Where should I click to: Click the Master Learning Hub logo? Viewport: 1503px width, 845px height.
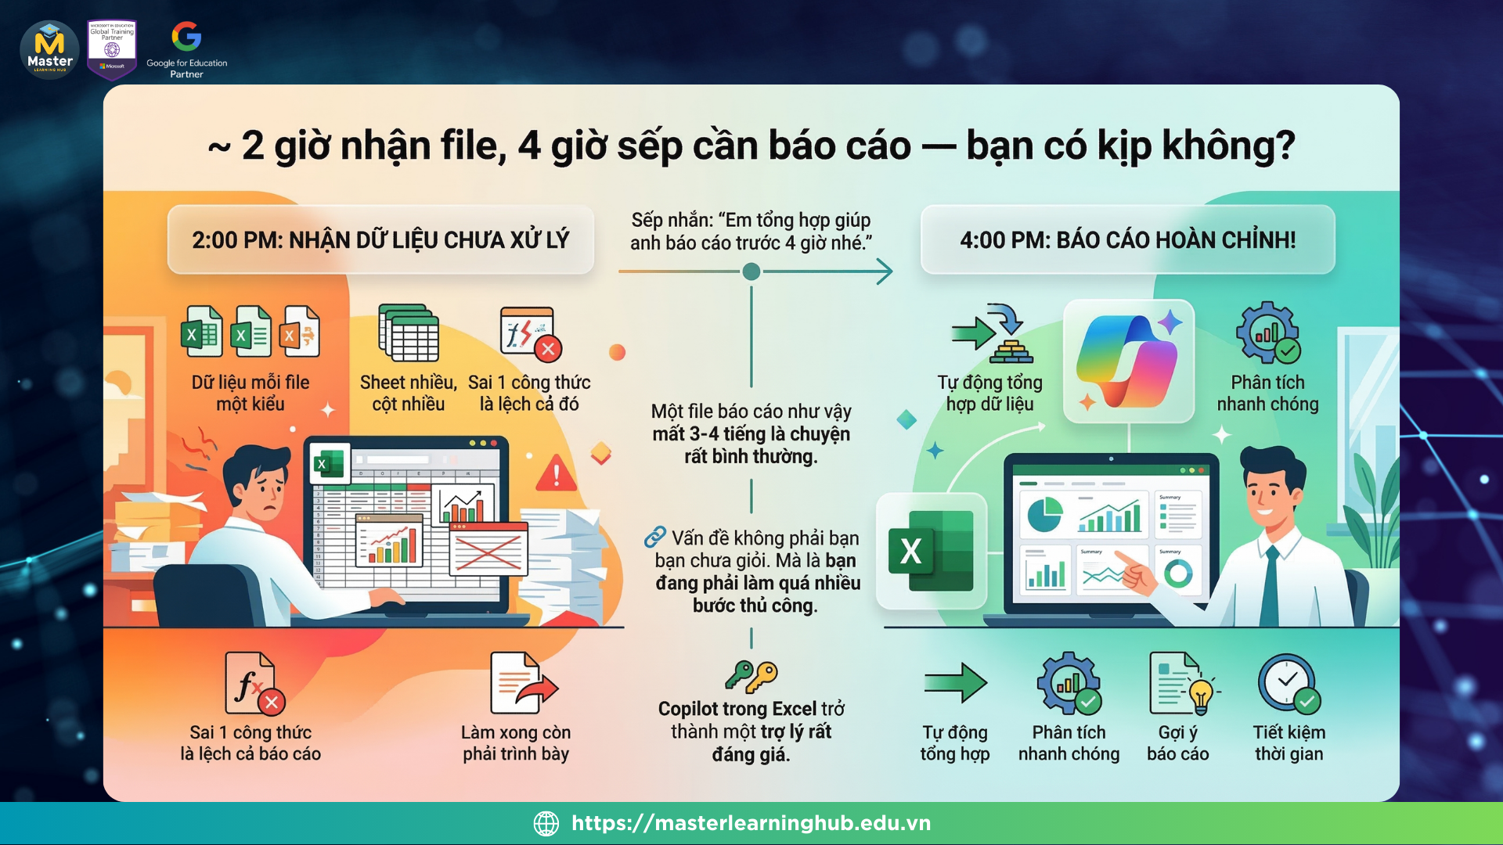[x=49, y=50]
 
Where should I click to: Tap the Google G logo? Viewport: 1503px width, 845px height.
[x=186, y=36]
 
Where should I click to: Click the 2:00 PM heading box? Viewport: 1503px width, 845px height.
[x=380, y=239]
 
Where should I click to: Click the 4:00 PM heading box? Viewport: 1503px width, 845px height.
[x=1127, y=239]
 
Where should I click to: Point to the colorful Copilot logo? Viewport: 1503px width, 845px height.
[x=1129, y=361]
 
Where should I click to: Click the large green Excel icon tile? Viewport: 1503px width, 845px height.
[x=931, y=551]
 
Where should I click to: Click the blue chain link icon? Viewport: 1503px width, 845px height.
[x=654, y=537]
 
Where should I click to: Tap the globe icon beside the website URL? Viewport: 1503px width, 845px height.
[x=546, y=823]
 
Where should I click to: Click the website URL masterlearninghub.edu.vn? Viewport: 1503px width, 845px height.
[x=751, y=823]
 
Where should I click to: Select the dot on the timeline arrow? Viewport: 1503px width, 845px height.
[x=751, y=271]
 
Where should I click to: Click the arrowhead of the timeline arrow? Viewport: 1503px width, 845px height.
[x=885, y=271]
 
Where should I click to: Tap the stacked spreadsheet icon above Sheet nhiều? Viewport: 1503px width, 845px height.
[x=409, y=333]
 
